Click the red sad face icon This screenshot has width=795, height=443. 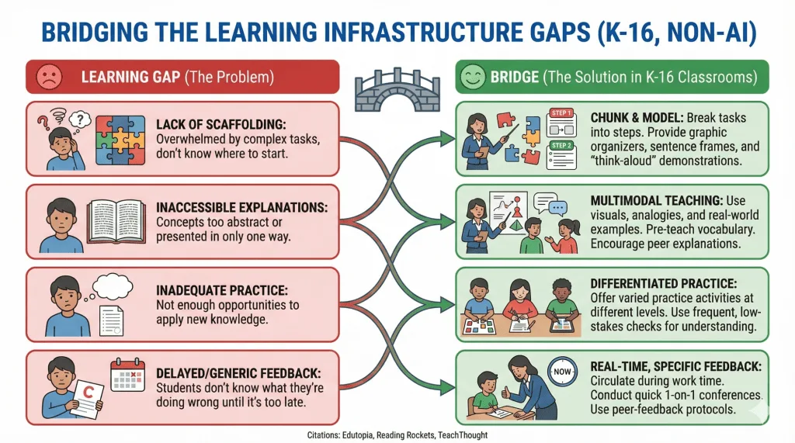[49, 77]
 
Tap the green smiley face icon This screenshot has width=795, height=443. [473, 77]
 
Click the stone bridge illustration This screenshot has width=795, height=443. [397, 90]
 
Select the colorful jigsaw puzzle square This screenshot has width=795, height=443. [120, 140]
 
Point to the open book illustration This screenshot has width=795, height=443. [116, 221]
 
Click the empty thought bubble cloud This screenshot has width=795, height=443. [112, 286]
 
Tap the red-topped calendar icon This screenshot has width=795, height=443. [128, 375]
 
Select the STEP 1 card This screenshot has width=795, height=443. [561, 122]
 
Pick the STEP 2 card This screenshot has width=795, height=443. [561, 155]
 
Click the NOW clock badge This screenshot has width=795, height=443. [562, 372]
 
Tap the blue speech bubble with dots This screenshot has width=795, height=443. [558, 208]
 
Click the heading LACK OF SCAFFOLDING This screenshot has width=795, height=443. [221, 124]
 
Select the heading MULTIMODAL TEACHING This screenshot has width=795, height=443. [657, 200]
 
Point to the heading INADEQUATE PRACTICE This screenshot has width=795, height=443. [221, 290]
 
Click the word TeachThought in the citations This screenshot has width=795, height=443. [463, 435]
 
